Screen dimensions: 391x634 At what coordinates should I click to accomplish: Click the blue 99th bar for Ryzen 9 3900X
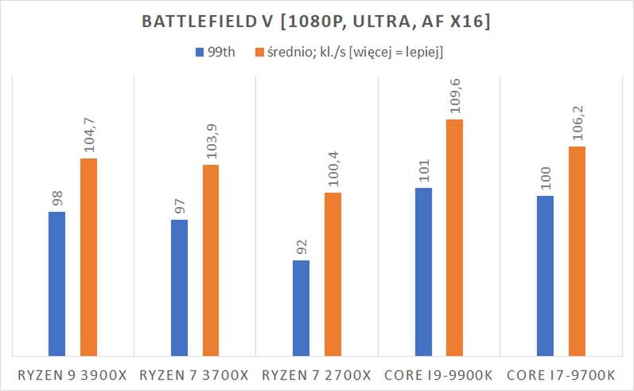(56, 283)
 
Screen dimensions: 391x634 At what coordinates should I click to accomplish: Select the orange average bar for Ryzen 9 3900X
(88, 256)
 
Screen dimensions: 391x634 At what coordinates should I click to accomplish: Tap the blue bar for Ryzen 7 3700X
(179, 287)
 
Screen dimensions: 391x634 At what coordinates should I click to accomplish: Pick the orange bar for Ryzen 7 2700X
(333, 274)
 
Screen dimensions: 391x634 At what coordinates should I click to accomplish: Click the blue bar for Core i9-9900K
(423, 272)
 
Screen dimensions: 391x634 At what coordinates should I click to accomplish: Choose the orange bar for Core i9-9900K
(454, 237)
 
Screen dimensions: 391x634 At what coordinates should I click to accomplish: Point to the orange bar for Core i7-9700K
(577, 251)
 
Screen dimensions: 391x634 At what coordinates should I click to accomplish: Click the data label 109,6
(454, 98)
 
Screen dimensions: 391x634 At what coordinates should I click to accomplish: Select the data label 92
(301, 247)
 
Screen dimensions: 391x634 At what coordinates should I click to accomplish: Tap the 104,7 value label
(88, 137)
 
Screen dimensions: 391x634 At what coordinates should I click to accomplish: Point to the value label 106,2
(577, 125)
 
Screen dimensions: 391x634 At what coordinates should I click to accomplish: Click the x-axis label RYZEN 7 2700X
(317, 374)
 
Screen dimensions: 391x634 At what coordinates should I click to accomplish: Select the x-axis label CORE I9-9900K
(439, 374)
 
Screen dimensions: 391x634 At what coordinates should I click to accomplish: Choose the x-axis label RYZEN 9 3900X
(72, 374)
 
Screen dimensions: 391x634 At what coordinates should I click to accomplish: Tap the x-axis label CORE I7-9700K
(561, 374)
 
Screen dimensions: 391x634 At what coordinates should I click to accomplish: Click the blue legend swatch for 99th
(199, 53)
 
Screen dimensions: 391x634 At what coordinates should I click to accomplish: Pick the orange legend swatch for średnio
(259, 53)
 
